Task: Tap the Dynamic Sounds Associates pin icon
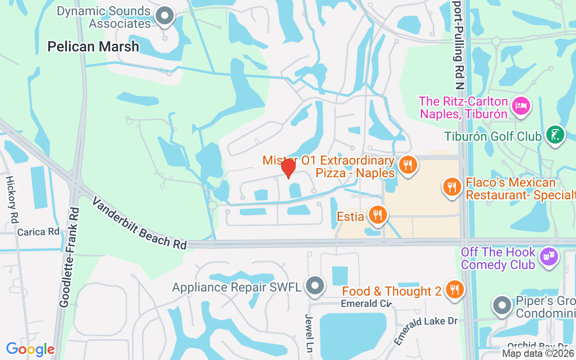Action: [165, 16]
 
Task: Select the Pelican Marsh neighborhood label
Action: [93, 46]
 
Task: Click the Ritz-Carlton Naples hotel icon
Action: [521, 107]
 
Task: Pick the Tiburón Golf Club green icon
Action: [555, 135]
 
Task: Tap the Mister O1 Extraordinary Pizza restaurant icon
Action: [408, 165]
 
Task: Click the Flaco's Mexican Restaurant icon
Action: [452, 186]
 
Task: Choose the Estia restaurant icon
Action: [378, 215]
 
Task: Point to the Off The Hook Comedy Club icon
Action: [548, 257]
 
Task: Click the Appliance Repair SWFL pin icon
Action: [315, 286]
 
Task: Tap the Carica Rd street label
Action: [38, 232]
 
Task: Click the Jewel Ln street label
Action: [310, 333]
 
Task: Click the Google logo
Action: [30, 349]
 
